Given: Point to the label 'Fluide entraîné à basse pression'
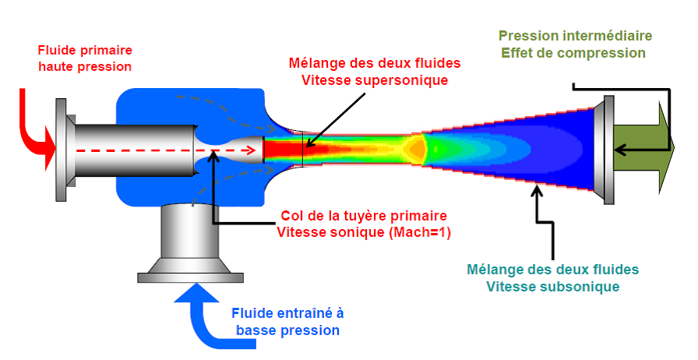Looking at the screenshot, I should click(287, 322).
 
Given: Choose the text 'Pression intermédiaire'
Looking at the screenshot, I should click(575, 36).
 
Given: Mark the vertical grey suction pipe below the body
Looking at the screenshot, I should click(192, 234).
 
